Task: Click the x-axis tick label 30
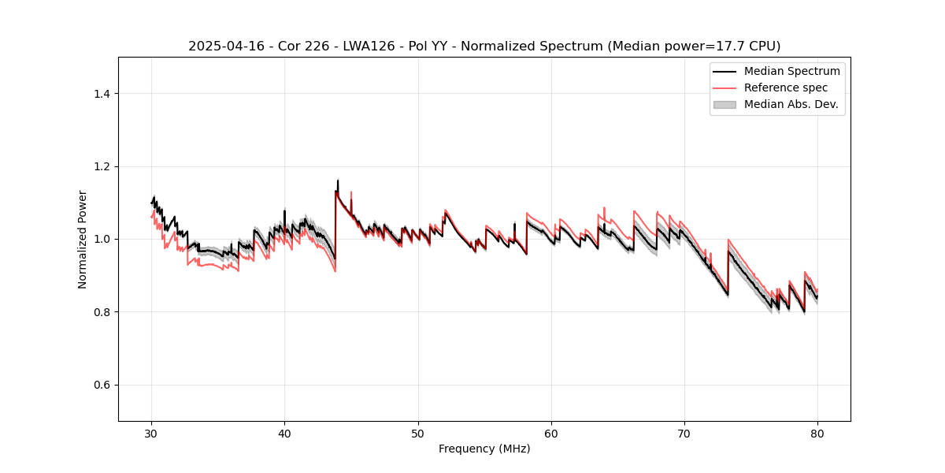point(151,434)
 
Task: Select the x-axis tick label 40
point(284,434)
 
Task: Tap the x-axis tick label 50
point(418,434)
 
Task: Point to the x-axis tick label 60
point(551,434)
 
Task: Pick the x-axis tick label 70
point(684,434)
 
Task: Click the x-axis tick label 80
point(817,434)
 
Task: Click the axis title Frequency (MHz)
point(484,449)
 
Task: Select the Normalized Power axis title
point(83,239)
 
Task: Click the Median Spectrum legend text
point(791,71)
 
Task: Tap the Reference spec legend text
point(786,88)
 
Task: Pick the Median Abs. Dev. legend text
point(791,104)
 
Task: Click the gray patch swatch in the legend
point(724,104)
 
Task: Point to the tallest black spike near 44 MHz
point(338,181)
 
